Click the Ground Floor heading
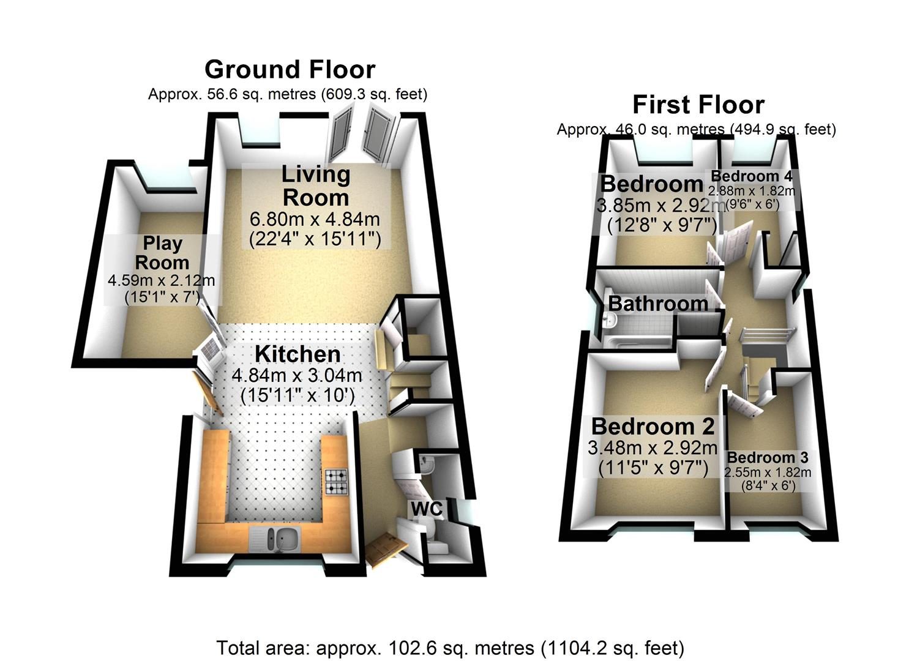290,70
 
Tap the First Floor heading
698,105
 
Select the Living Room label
316,186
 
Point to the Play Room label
162,253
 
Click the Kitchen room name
297,354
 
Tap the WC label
427,509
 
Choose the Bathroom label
658,304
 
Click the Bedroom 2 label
653,427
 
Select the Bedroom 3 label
768,458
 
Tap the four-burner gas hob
336,482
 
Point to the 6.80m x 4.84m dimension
315,220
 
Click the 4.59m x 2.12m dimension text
161,280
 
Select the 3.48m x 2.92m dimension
653,448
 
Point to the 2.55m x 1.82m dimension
768,472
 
